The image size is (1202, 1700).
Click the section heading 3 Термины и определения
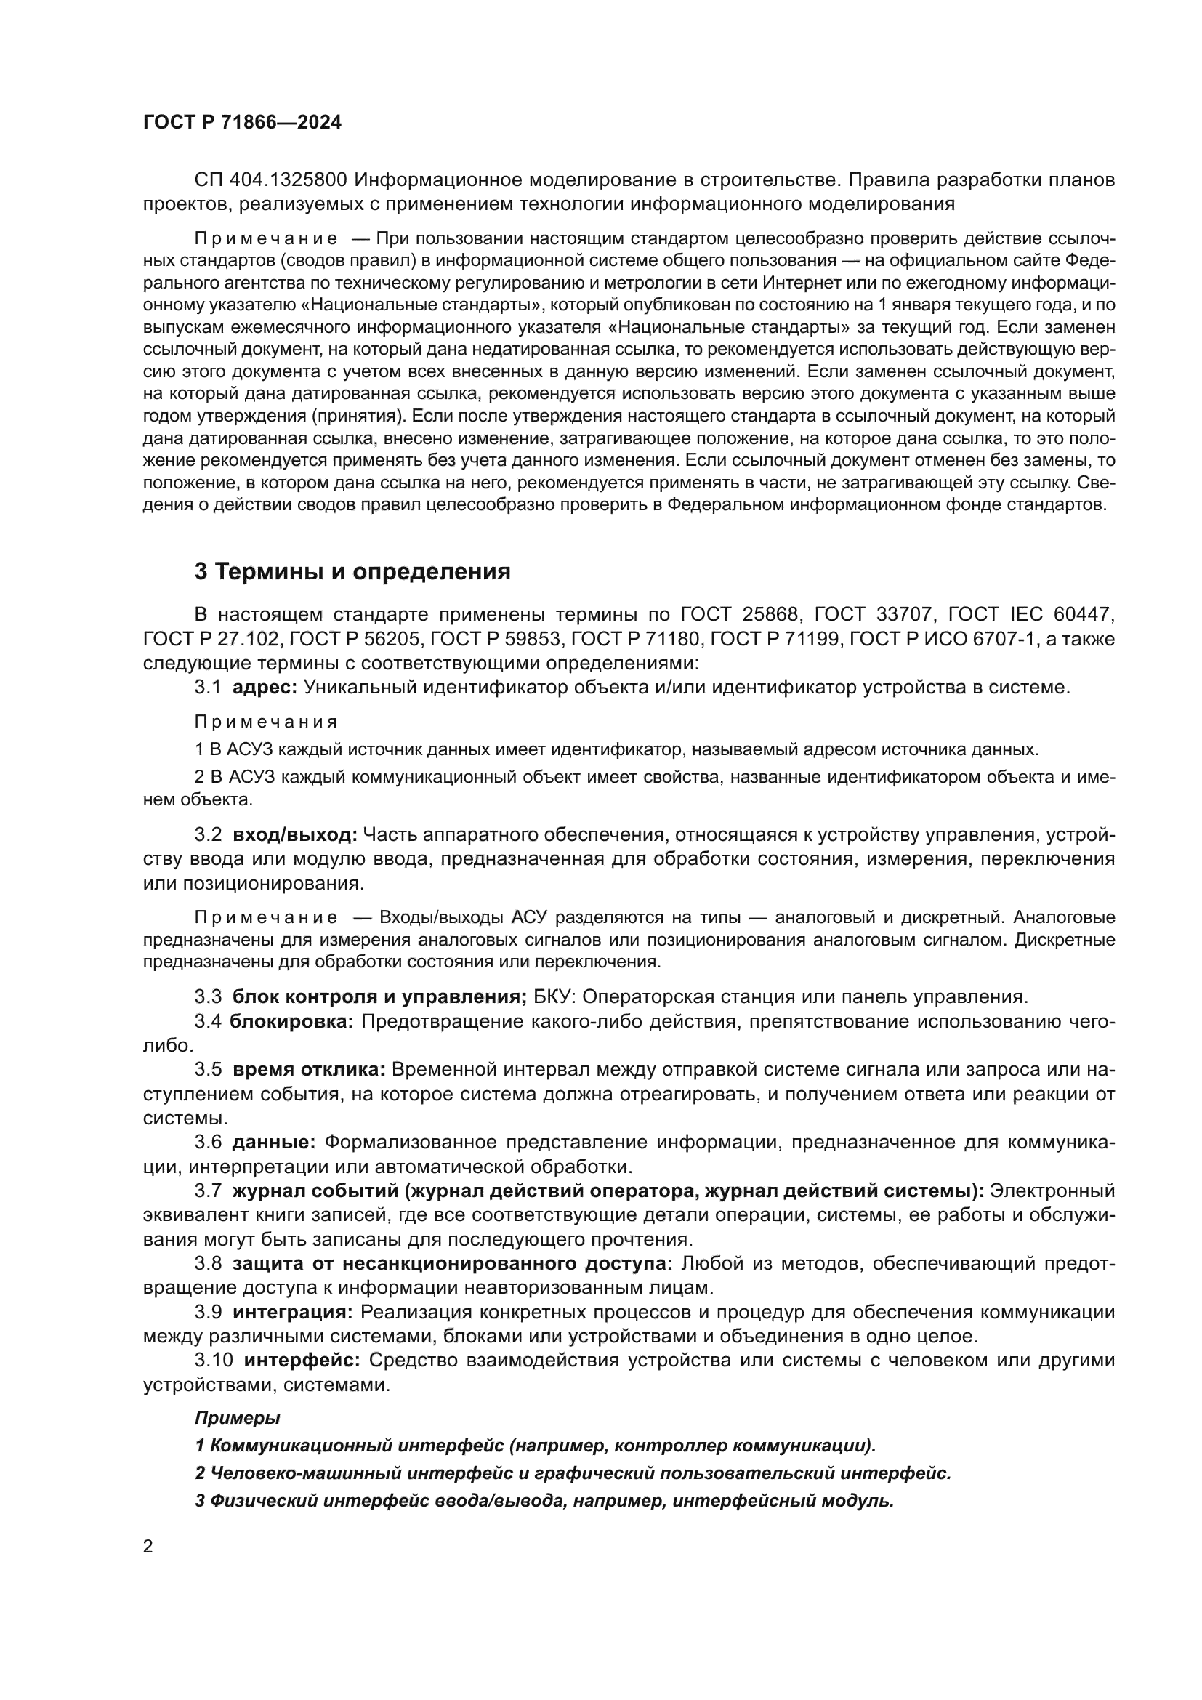[352, 571]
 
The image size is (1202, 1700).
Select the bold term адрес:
[265, 687]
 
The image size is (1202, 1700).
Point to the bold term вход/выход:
[294, 834]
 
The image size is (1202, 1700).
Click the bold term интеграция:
[292, 1312]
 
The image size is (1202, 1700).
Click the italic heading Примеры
[237, 1419]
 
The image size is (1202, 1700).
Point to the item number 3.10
[214, 1360]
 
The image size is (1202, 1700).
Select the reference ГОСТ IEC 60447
[1030, 615]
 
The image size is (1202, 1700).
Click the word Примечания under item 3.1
[266, 721]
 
